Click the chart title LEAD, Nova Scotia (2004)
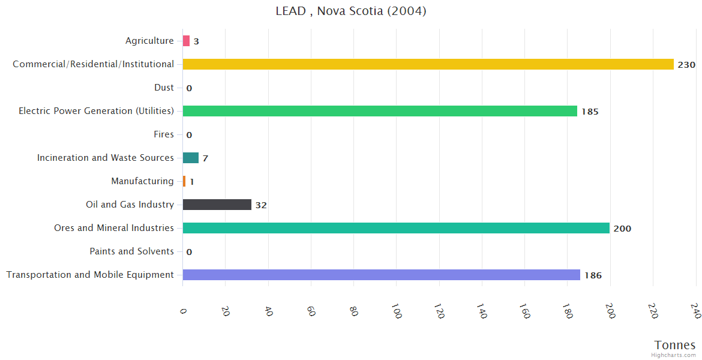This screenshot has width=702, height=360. coord(351,11)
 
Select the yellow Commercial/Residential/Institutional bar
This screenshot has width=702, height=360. coord(428,64)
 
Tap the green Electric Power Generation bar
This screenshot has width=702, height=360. coord(380,111)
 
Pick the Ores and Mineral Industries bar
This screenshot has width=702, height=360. coord(396,228)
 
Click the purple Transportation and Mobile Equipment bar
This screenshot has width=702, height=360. coord(381,275)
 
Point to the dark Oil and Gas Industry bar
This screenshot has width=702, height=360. coord(217,205)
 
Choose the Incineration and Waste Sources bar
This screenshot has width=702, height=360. coord(190,158)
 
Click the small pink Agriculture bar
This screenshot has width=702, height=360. coord(186,41)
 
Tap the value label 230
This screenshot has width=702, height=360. coord(686,65)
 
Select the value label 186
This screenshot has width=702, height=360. coord(593,275)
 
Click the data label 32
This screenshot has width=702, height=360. coord(261,205)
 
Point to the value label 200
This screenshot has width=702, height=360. coord(622,229)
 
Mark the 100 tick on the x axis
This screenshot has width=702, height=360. coord(396,311)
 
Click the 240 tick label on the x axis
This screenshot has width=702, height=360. coord(695,311)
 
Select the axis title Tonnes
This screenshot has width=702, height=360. coord(675,345)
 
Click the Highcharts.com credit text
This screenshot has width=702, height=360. coord(674,355)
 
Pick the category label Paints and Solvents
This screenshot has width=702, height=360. coord(132,251)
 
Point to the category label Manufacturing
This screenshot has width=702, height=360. coord(142,181)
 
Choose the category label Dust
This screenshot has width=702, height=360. coord(164,88)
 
